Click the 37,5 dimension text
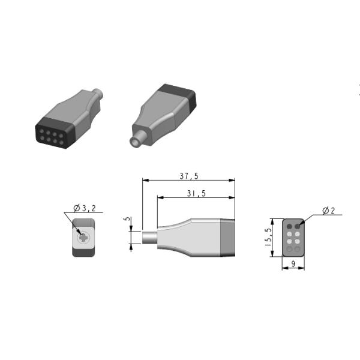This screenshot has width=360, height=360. pyautogui.click(x=189, y=176)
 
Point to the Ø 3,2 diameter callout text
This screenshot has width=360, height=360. pyautogui.click(x=85, y=208)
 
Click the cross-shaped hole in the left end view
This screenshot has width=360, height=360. pyautogui.click(x=83, y=237)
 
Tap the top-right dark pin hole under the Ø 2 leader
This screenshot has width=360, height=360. pyautogui.click(x=298, y=227)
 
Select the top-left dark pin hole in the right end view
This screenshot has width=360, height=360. pyautogui.click(x=289, y=227)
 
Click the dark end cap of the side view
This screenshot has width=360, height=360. pyautogui.click(x=227, y=238)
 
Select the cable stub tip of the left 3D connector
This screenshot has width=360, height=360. pyautogui.click(x=99, y=95)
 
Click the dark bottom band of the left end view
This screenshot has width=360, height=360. pyautogui.click(x=83, y=252)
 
